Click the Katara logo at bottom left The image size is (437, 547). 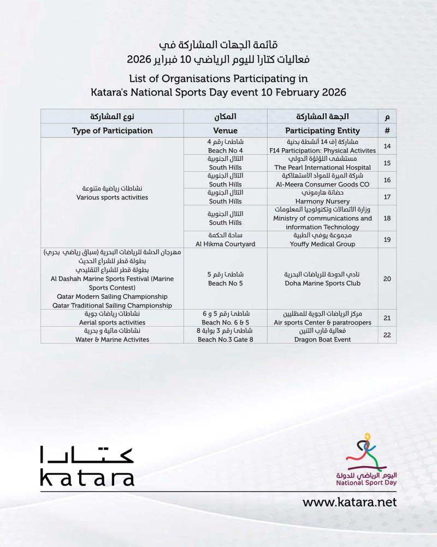[x=87, y=466]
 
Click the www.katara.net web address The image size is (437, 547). [x=350, y=502]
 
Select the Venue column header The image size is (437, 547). [x=225, y=131]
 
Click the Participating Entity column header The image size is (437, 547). [x=322, y=131]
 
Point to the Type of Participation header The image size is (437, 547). [x=112, y=131]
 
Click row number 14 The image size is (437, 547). [x=387, y=146]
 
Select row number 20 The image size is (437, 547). [x=387, y=279]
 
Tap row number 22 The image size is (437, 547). [x=387, y=335]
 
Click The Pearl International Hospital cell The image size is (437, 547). [x=322, y=163]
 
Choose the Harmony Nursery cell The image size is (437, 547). [x=322, y=197]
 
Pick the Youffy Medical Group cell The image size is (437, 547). [x=322, y=240]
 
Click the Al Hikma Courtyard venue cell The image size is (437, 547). [x=225, y=240]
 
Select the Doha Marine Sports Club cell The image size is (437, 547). [x=322, y=279]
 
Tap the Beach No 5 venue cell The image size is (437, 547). [x=225, y=279]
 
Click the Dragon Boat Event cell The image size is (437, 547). [x=322, y=335]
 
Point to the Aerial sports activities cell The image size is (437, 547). [x=112, y=318]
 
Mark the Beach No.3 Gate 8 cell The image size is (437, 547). [x=225, y=335]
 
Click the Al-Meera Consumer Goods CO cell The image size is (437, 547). [x=322, y=180]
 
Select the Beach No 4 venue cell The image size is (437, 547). [x=225, y=146]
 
